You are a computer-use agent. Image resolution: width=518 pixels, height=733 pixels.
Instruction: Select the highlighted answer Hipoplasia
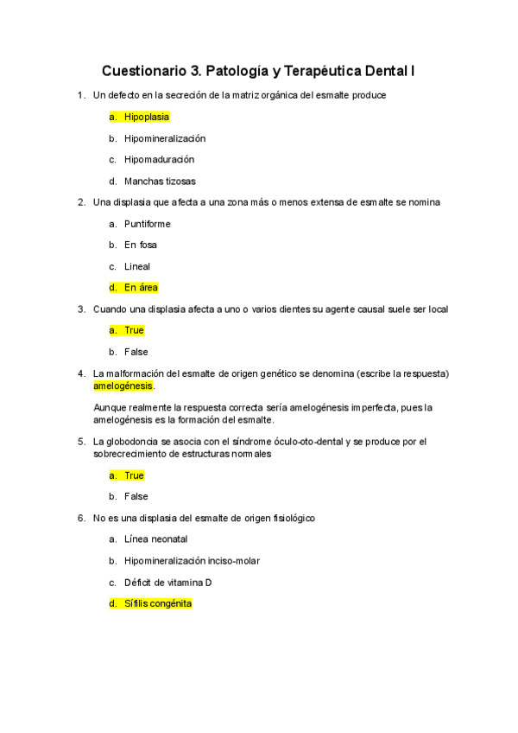(x=146, y=117)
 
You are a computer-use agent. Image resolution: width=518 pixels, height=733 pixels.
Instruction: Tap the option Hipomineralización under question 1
(x=164, y=138)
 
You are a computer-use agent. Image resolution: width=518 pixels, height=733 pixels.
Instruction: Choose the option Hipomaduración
(x=159, y=160)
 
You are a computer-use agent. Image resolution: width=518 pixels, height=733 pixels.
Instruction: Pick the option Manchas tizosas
(x=160, y=182)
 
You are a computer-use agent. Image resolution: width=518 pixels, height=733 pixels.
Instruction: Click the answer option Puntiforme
(x=147, y=224)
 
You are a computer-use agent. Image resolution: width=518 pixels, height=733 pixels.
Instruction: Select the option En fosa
(x=141, y=245)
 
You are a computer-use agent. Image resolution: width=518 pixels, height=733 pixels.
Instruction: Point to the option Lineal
(x=136, y=266)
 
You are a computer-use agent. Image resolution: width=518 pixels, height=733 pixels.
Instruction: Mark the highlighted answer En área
(x=141, y=288)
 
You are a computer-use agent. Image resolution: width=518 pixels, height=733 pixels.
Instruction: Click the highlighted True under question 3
(x=134, y=330)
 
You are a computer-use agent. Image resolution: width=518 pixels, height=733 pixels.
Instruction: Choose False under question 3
(x=136, y=352)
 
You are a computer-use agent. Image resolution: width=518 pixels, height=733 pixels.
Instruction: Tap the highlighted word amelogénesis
(x=122, y=386)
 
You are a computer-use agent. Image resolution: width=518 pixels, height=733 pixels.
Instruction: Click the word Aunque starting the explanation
(x=109, y=407)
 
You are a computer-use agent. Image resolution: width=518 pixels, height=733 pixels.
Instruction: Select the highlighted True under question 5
(x=134, y=475)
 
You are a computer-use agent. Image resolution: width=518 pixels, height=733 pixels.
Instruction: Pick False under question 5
(x=136, y=497)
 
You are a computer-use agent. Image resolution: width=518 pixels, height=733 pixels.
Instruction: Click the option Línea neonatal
(x=155, y=539)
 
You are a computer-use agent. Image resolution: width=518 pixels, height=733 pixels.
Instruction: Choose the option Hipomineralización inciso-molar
(x=192, y=561)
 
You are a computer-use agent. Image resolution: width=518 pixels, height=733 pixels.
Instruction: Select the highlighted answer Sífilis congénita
(x=157, y=604)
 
